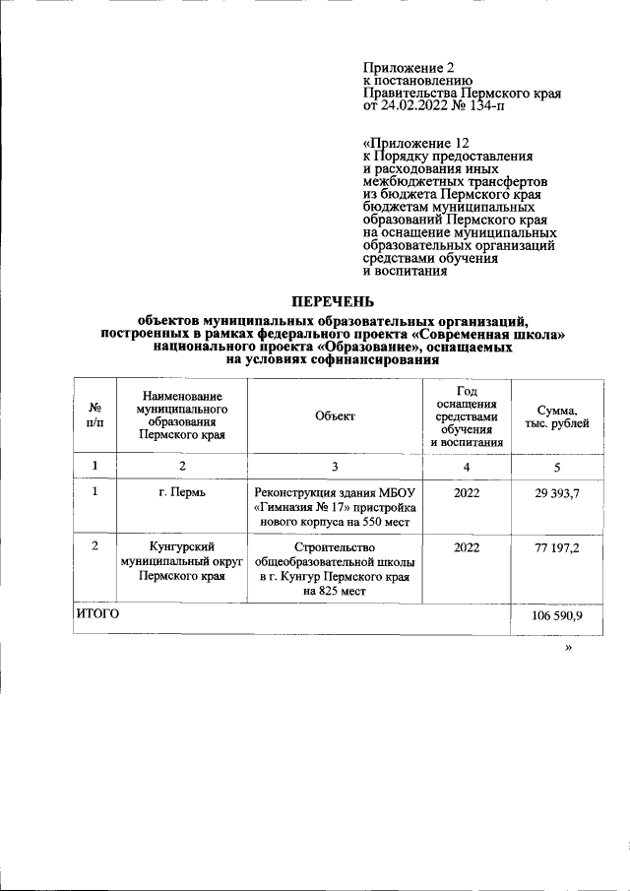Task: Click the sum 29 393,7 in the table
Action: (557, 492)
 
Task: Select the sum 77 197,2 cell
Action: (557, 547)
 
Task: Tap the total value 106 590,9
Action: (557, 615)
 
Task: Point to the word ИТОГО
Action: (98, 613)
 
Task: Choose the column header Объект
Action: (335, 415)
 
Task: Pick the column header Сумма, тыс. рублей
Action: (557, 415)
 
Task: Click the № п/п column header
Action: (95, 415)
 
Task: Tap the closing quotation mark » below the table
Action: (568, 651)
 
